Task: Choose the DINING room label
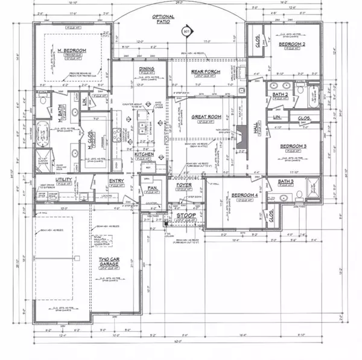coord(147,70)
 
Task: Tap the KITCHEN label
coord(145,155)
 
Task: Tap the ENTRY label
coord(117,181)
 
